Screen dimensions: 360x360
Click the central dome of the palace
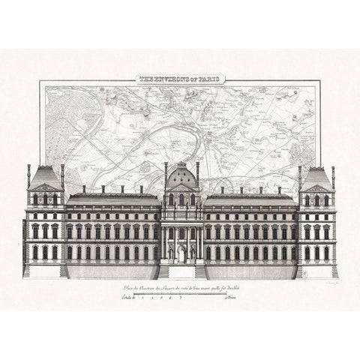coord(181,178)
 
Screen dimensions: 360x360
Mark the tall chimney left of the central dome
coord(165,173)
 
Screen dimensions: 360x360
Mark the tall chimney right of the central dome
coord(196,173)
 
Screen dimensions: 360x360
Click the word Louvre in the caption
coord(173,288)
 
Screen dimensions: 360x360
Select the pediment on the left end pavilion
coord(45,187)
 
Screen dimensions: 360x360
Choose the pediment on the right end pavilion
coord(316,187)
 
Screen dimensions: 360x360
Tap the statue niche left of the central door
coord(172,253)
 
